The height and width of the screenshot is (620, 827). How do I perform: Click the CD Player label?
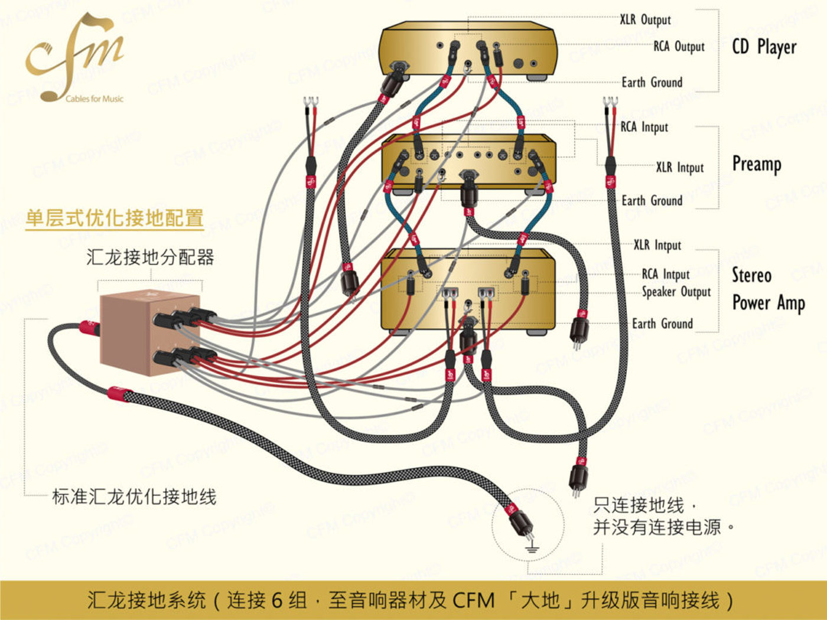tap(764, 47)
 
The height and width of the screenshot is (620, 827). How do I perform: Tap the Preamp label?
tap(757, 164)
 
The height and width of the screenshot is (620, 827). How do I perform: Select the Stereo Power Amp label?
tap(769, 289)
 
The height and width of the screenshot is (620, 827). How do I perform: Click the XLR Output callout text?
tap(646, 19)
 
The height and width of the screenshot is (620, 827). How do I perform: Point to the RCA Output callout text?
tap(679, 47)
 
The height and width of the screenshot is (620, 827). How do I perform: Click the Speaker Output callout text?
tap(676, 292)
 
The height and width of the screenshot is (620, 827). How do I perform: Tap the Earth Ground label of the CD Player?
tap(652, 82)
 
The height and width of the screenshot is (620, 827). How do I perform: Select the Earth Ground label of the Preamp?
tap(652, 200)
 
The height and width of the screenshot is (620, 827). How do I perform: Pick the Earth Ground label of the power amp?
tap(662, 324)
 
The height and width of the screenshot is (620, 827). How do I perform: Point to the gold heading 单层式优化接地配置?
tap(115, 218)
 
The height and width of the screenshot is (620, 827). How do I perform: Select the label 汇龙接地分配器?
tap(150, 257)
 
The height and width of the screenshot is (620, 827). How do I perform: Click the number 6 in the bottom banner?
tap(277, 601)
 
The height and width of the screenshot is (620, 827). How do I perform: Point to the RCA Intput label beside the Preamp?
tap(644, 127)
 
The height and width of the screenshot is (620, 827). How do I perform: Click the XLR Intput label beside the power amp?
tap(657, 246)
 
